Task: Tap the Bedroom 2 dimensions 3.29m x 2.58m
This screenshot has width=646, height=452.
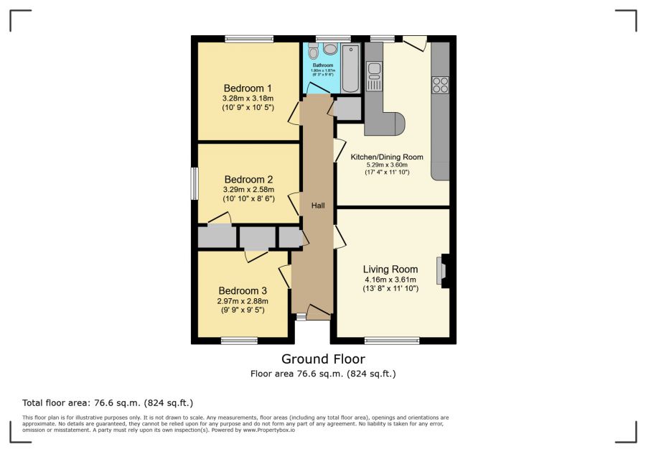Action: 248,190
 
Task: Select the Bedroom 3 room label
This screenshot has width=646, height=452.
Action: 243,291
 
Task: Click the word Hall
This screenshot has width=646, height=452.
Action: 318,206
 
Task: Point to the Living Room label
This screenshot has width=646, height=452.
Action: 390,269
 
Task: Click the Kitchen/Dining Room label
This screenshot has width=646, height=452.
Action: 386,157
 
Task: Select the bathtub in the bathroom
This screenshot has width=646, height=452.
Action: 350,69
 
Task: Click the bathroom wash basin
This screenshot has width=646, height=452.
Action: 330,49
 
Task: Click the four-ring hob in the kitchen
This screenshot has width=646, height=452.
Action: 439,85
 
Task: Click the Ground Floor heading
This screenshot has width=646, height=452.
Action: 323,359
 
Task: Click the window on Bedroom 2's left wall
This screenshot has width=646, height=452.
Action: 194,183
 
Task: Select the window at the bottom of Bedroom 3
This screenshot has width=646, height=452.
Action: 239,341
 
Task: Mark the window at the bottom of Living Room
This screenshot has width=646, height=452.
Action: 392,341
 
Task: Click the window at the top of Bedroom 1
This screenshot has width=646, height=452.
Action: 248,39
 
